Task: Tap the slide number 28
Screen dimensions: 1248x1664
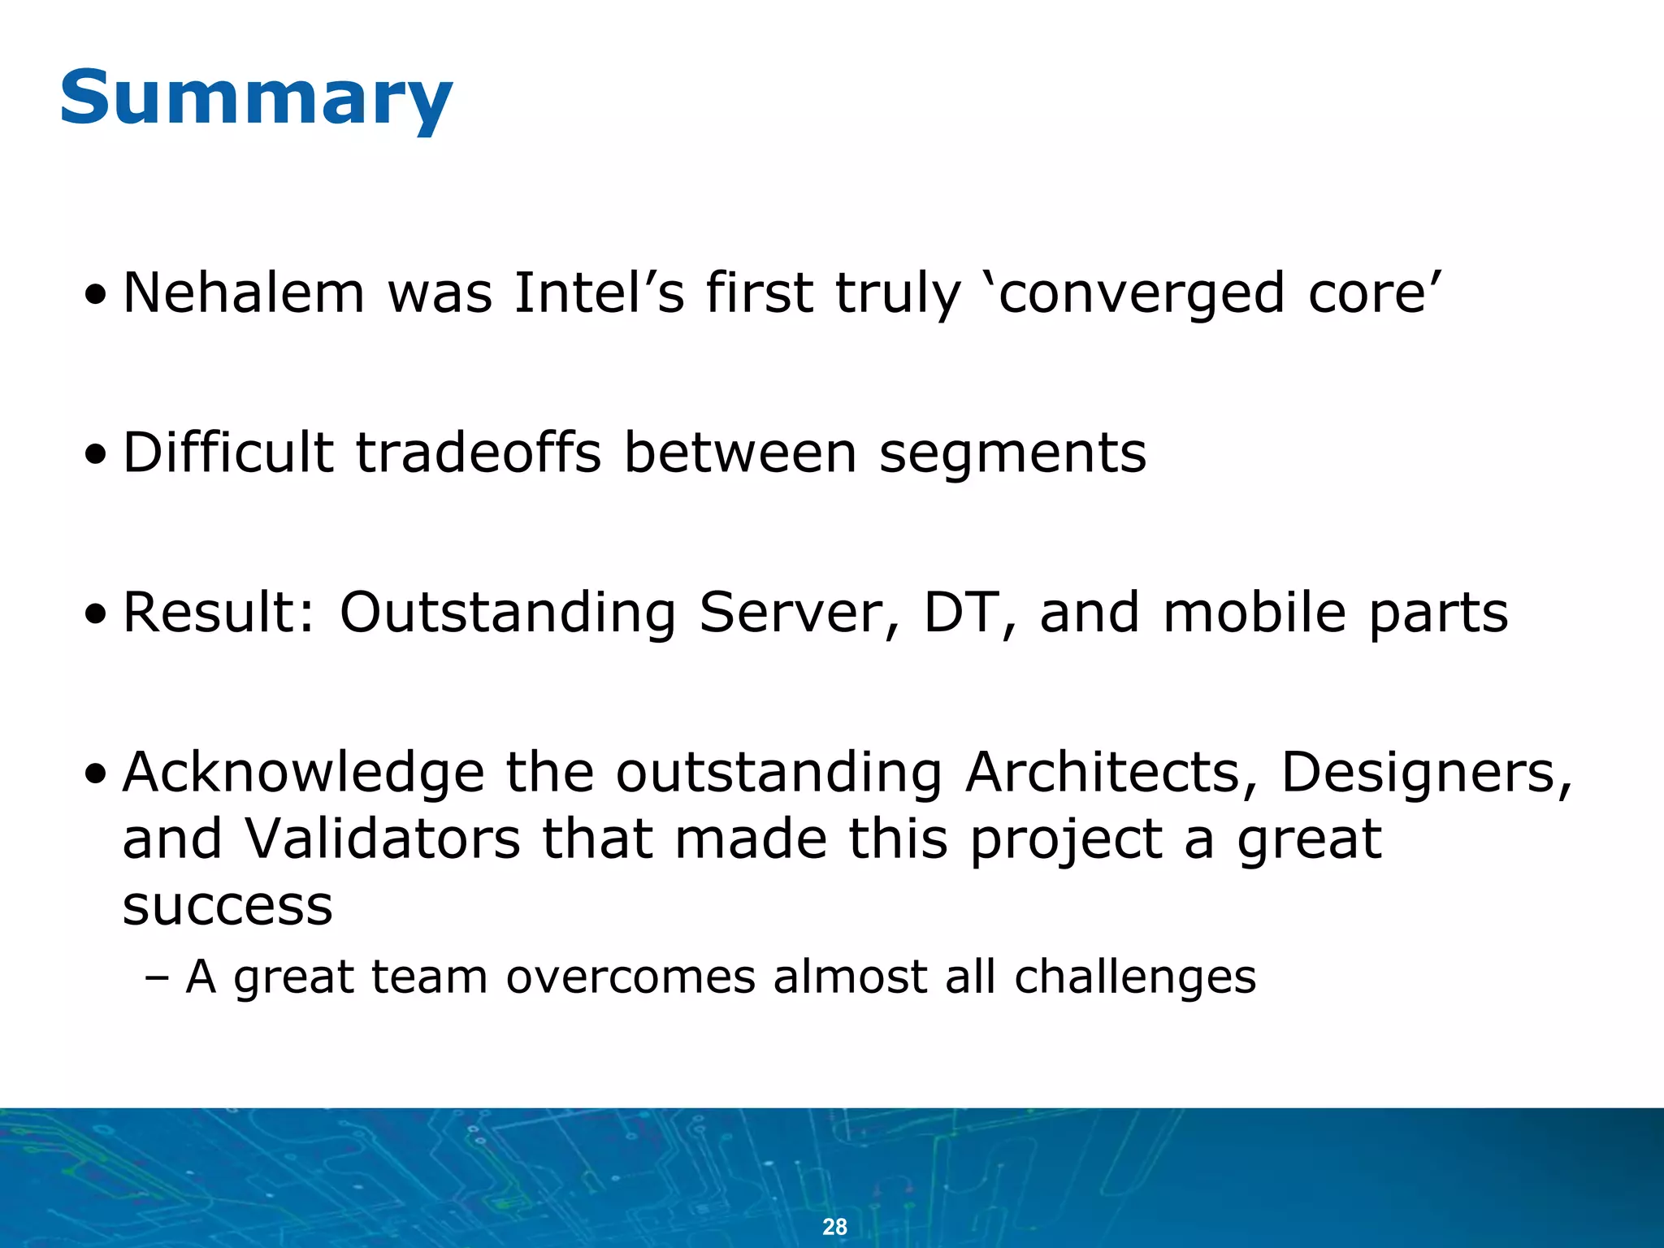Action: pyautogui.click(x=834, y=1226)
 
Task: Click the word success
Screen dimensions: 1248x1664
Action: pyautogui.click(x=227, y=907)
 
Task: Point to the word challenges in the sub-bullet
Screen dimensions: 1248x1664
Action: pyautogui.click(x=1135, y=977)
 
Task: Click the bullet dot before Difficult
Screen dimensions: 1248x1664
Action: pyautogui.click(x=96, y=456)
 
